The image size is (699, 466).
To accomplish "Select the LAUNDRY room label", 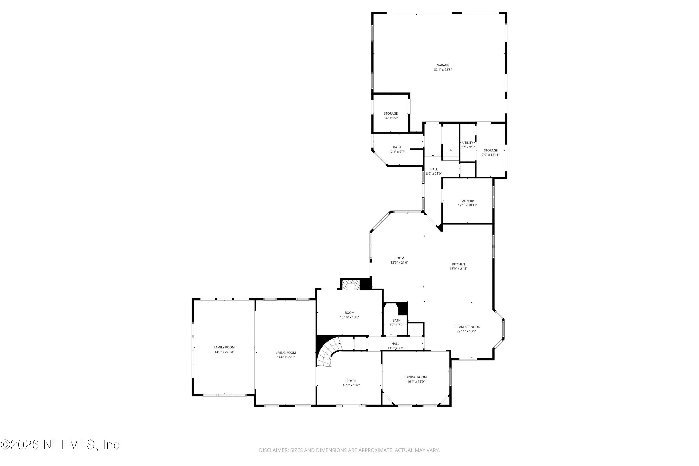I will point(467,201).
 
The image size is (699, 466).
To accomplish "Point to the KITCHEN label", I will point(458,264).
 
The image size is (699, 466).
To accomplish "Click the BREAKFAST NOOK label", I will point(466,327).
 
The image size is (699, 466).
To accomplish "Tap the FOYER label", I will point(351,381).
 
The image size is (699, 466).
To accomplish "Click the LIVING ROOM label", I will point(286,353).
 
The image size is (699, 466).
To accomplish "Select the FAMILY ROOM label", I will point(224,347).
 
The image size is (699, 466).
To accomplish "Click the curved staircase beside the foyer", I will point(328,353).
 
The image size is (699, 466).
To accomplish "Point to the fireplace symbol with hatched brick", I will point(351,285).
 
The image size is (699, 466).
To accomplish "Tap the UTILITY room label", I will point(467,143).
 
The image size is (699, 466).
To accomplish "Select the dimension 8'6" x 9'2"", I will point(391,118).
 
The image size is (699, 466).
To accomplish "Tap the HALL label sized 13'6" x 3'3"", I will point(395,343).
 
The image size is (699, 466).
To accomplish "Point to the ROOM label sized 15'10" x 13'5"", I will point(349,313).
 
